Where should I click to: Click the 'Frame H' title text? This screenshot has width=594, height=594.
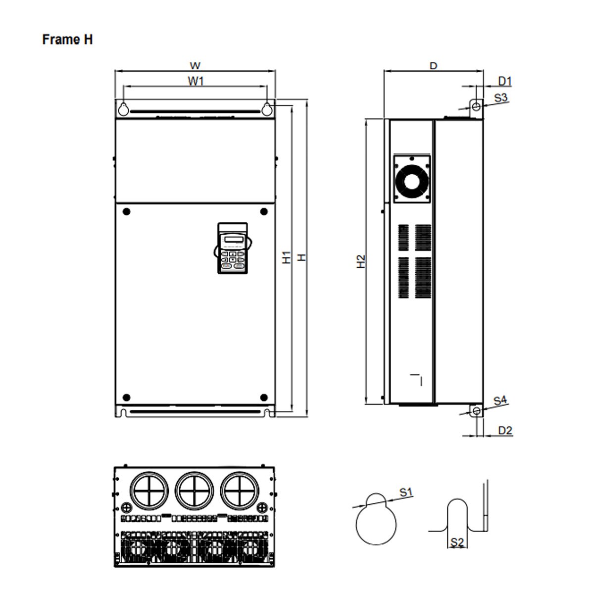67,40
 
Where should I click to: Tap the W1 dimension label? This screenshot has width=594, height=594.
196,81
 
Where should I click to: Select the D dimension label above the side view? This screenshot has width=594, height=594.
433,66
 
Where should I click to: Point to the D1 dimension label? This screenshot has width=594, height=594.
504,81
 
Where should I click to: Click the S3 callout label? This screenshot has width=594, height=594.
501,98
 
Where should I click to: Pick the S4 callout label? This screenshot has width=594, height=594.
500,400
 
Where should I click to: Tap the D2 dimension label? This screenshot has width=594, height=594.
504,430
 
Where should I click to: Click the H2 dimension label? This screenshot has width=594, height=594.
361,261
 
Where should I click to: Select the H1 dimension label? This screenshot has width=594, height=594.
287,257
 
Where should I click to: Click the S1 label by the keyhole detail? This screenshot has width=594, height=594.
406,492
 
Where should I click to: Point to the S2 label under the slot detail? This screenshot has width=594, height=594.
457,543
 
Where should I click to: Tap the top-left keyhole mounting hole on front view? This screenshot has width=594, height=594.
124,108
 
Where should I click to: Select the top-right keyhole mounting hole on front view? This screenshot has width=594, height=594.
267,108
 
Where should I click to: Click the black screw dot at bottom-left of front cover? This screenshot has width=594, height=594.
126,397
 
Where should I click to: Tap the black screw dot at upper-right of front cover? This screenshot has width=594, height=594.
264,212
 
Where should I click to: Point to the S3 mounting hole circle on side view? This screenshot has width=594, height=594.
476,106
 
